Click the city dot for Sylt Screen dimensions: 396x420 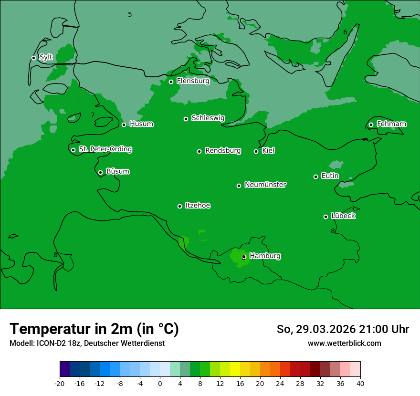point(33,58)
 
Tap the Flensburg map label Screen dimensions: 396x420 point(193,81)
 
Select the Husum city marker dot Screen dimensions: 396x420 point(124,125)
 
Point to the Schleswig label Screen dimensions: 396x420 point(208,118)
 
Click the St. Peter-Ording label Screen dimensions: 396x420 point(105,149)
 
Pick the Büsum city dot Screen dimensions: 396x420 point(100,172)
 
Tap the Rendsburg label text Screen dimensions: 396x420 point(222,151)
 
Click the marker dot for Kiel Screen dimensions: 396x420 point(256,151)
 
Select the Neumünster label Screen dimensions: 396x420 point(265,185)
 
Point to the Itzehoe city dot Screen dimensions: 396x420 point(179,206)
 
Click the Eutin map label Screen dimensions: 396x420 point(330,176)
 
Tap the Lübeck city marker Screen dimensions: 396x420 point(325,217)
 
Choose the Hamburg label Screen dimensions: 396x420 point(265,256)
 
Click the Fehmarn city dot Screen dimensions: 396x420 point(371,125)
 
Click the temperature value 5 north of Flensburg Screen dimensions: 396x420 point(130,15)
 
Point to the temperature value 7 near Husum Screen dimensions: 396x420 point(93,115)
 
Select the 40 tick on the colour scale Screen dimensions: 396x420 point(360,383)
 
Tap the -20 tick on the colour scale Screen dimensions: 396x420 point(60,383)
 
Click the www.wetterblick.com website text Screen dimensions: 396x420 point(344,344)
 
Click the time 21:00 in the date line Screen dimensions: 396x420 point(376,329)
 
